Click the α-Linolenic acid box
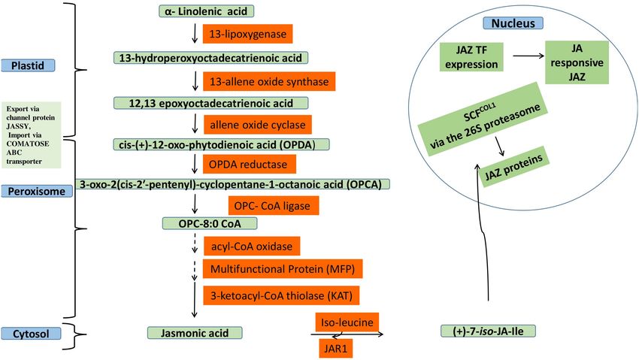(x=206, y=11)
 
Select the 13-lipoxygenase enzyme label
(x=248, y=34)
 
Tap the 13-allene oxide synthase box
(x=269, y=81)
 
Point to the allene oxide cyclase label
(x=258, y=125)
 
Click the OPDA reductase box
(x=250, y=164)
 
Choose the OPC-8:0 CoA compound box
(x=210, y=223)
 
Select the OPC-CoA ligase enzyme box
(x=274, y=206)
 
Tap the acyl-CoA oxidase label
(x=251, y=247)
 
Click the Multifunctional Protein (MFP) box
(x=283, y=269)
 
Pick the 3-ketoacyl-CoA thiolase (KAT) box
(x=281, y=295)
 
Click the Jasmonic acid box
(x=195, y=333)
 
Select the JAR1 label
(x=336, y=349)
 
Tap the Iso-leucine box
(x=347, y=322)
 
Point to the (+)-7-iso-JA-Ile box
(x=488, y=331)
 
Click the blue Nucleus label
(x=513, y=23)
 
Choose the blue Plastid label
(x=28, y=65)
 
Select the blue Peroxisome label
(x=37, y=192)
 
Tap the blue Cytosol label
(x=31, y=334)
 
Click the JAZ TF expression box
(x=471, y=57)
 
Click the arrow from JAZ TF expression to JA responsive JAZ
(x=528, y=56)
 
